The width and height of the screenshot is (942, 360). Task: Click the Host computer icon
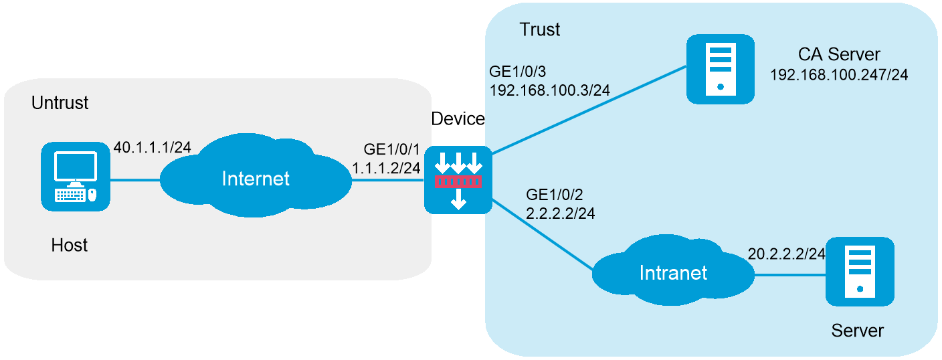point(76,177)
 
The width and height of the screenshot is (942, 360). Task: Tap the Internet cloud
point(256,176)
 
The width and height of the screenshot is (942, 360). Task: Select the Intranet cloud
point(673,270)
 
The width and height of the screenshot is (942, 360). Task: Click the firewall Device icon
point(458,180)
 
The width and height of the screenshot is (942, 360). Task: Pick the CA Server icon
point(721,69)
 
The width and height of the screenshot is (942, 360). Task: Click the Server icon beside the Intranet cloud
point(860,272)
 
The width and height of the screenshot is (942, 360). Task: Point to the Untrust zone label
point(60,102)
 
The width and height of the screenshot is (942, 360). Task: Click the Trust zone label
point(540,29)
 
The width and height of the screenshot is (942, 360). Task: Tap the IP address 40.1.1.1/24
point(153,147)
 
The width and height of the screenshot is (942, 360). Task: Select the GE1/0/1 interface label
point(391,149)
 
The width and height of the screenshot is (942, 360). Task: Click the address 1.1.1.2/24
point(386,168)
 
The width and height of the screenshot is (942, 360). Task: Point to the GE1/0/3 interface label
point(517,72)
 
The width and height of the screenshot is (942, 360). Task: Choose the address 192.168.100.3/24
point(550,90)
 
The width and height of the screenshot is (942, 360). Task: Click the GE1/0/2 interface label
point(554,194)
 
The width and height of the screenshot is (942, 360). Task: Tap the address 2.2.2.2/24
point(560,213)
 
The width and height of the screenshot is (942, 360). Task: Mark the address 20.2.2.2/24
point(786,254)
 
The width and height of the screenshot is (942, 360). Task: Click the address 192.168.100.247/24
point(839,74)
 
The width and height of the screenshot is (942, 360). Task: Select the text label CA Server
point(839,54)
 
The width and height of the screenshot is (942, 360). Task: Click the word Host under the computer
point(70,245)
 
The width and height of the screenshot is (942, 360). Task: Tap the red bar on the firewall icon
point(458,182)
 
